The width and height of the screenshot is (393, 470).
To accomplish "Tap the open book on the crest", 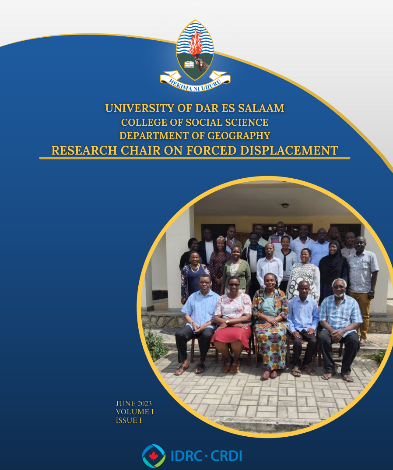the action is point(189,64).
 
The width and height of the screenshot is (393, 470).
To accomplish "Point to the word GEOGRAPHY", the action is point(239,136).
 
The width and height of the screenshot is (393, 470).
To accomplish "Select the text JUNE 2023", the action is point(133,403).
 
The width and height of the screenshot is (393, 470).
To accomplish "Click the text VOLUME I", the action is point(134,412).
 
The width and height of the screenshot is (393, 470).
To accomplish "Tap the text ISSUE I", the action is point(129,420).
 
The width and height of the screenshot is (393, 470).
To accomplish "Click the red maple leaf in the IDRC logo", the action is point(154,456).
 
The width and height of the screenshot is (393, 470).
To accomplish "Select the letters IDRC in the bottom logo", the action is point(186,456).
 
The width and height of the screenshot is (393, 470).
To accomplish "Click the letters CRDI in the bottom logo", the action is point(226,456).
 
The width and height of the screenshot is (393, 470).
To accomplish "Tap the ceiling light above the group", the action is point(285,205).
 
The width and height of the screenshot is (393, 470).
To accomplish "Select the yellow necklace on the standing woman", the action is point(195,268).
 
